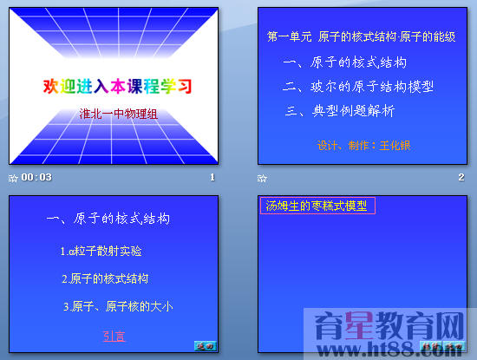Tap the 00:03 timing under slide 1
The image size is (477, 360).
36,177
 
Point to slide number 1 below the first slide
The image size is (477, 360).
212,177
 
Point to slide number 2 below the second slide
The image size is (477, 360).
461,177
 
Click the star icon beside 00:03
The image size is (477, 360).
12,177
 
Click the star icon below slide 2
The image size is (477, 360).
262,177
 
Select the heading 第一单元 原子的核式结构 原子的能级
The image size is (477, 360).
367,38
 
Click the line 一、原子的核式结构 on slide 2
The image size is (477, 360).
345,62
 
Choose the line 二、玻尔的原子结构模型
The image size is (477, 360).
359,87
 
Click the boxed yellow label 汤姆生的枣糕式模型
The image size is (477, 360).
317,206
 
